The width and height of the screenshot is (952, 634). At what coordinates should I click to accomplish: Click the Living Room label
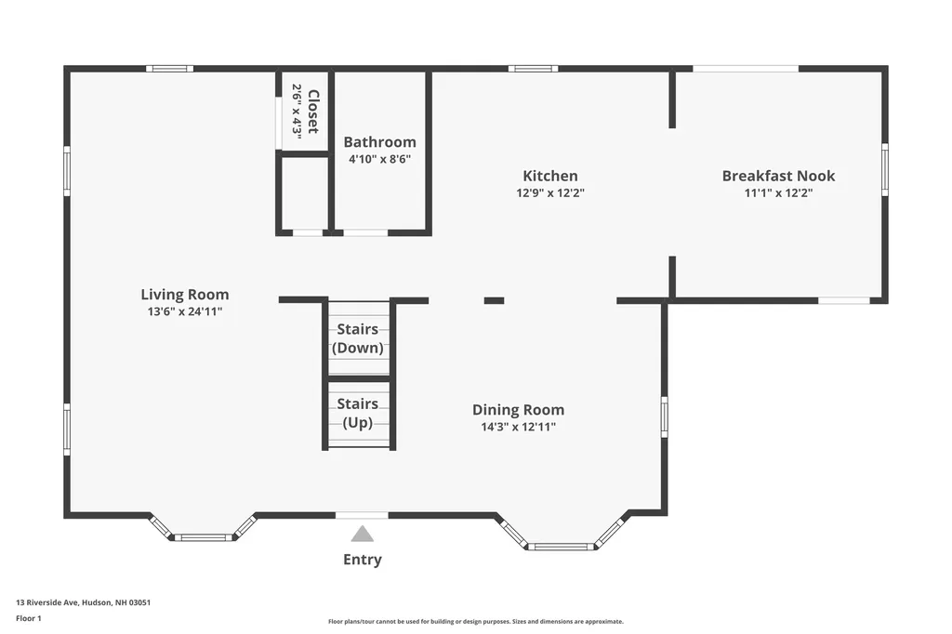[x=185, y=295]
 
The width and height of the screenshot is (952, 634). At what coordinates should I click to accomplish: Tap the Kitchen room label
[x=550, y=176]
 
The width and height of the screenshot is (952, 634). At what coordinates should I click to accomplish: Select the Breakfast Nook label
[x=778, y=176]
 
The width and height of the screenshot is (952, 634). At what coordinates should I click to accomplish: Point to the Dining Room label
[x=519, y=410]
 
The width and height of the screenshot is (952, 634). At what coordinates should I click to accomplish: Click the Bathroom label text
[x=380, y=142]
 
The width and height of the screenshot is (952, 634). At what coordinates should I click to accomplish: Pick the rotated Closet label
[x=312, y=112]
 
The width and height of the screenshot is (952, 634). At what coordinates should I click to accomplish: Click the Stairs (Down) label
[x=358, y=338]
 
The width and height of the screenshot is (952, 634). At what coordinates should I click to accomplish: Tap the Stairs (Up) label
[x=358, y=413]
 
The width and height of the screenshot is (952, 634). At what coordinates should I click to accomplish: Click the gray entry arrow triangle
[x=363, y=534]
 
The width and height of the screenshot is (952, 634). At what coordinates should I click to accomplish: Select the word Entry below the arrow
[x=363, y=560]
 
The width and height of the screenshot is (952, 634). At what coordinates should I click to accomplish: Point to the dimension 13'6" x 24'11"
[x=185, y=311]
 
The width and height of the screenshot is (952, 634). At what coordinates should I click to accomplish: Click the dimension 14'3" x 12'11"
[x=519, y=427]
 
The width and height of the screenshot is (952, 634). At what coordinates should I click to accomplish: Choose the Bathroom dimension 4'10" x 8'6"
[x=380, y=159]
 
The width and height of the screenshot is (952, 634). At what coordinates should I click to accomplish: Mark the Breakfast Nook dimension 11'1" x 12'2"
[x=778, y=193]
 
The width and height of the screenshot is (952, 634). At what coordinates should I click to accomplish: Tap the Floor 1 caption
[x=29, y=618]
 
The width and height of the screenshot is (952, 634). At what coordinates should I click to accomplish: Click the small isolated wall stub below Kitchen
[x=495, y=300]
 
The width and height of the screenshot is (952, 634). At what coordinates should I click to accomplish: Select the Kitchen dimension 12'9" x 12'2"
[x=550, y=193]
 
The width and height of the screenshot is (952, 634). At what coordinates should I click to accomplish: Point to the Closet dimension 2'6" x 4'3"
[x=297, y=112]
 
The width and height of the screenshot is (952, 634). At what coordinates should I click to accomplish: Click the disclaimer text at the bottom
[x=476, y=621]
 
